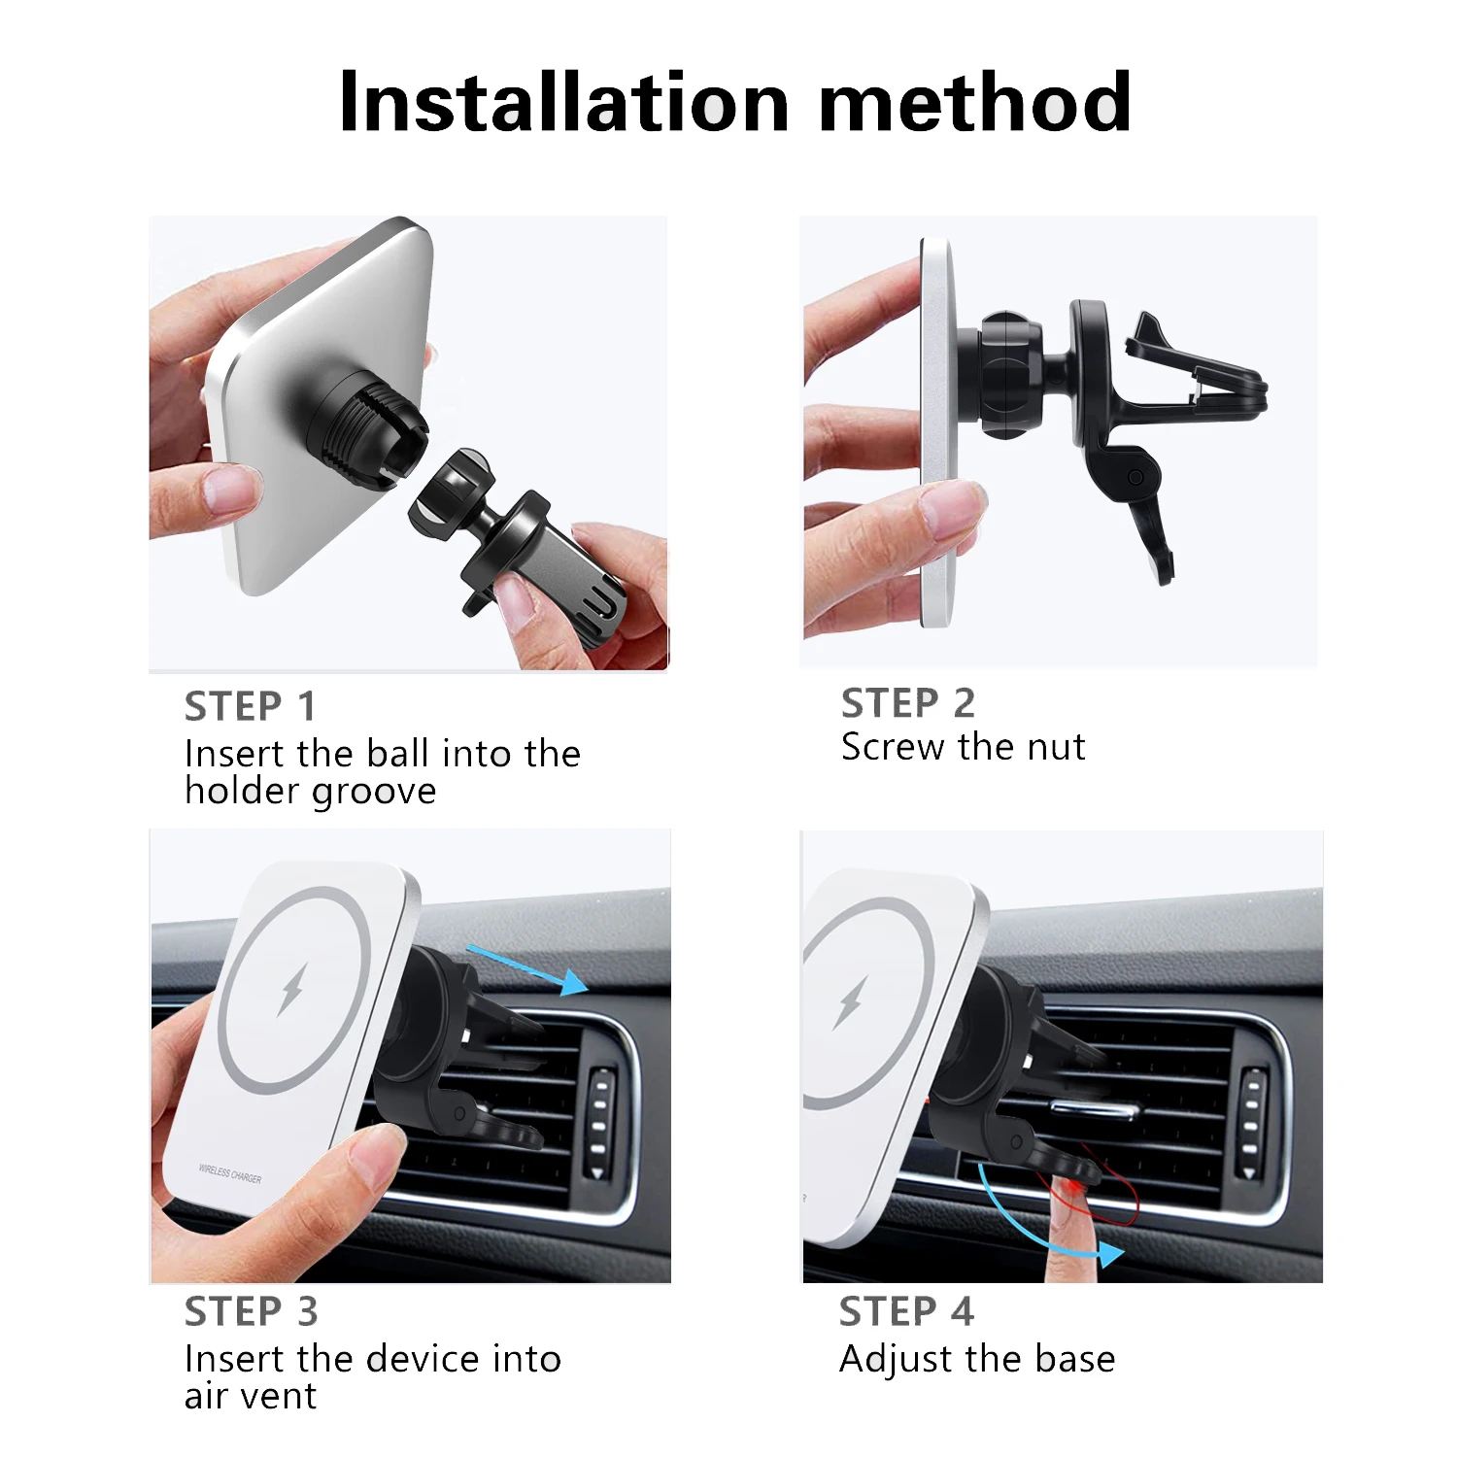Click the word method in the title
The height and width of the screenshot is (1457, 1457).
coord(975,102)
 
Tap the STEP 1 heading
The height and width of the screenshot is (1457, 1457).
coord(250,707)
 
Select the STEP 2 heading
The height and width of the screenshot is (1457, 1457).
coord(907,703)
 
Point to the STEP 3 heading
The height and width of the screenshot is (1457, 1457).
coord(251,1312)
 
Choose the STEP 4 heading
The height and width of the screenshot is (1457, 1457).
coord(906,1312)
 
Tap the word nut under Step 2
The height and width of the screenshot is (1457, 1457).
coord(1057,747)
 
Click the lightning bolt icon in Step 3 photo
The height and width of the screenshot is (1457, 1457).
coord(292,989)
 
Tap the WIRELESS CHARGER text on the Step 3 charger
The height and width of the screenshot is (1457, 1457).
coord(230,1174)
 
